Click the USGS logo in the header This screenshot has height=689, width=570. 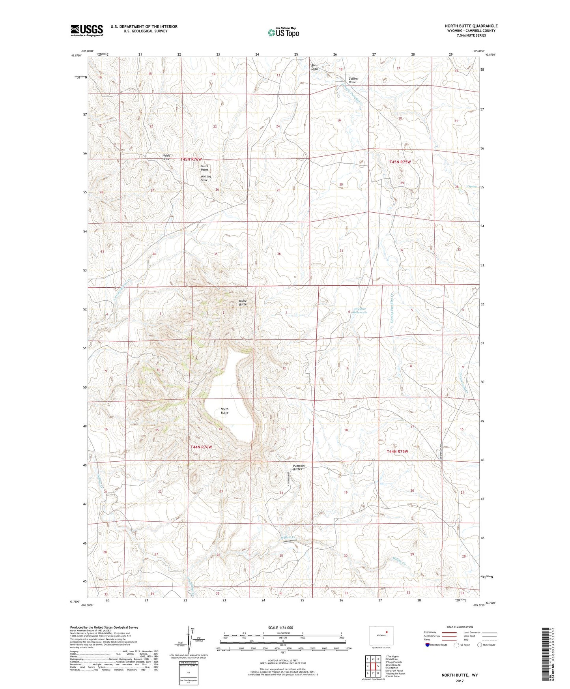tap(87, 30)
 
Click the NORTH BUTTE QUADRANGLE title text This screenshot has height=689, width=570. tap(471, 26)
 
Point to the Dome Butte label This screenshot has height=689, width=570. tap(243, 303)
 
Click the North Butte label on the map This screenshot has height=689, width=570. tap(224, 411)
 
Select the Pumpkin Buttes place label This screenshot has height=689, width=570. tap(299, 468)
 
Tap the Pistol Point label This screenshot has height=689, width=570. tap(204, 168)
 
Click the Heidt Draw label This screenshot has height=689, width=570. tap(166, 157)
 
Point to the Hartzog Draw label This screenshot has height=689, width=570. tap(206, 178)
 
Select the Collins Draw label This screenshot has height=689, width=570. tap(353, 81)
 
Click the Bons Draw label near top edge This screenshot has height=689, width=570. tap(314, 67)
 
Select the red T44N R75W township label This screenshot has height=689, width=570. tap(397, 451)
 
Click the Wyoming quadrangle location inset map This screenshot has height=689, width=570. tap(381, 636)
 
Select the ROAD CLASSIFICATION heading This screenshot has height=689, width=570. tap(460, 627)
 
